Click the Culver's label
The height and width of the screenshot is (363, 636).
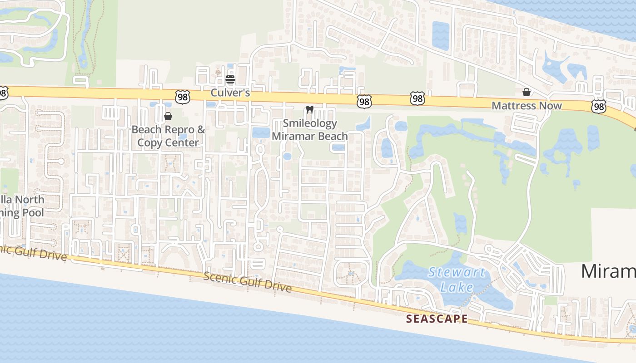click(230, 93)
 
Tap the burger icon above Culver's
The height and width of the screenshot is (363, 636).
click(230, 80)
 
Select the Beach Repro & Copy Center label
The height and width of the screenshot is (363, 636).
click(168, 136)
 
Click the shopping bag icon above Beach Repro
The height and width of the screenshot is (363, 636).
click(168, 116)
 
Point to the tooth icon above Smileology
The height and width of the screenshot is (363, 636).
click(310, 109)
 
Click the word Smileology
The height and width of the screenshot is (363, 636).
click(310, 123)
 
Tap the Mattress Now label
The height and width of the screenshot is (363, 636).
click(527, 106)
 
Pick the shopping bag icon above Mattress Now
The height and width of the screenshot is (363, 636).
click(527, 92)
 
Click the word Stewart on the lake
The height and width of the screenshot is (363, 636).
click(457, 273)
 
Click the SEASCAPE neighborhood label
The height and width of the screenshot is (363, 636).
click(437, 319)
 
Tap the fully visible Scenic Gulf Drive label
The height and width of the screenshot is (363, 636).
click(248, 282)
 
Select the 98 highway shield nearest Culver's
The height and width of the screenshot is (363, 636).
click(182, 96)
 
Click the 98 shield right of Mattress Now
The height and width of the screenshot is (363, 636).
click(599, 106)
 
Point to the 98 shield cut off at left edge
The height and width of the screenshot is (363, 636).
click(3, 93)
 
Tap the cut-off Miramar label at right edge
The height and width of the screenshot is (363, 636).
click(608, 271)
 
